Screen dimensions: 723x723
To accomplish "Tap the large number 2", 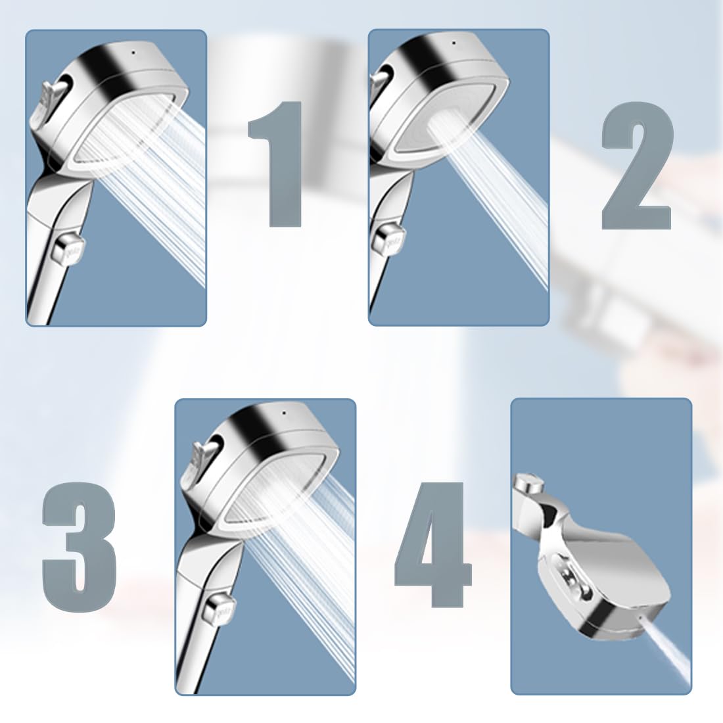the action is coord(636,166).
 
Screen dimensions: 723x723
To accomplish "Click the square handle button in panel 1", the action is coord(68,249).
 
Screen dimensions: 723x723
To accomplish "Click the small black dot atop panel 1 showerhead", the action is coord(133,53).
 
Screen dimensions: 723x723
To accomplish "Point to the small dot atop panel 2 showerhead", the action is coord(455,43).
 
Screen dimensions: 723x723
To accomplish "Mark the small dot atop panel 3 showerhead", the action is coord(283,413).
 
